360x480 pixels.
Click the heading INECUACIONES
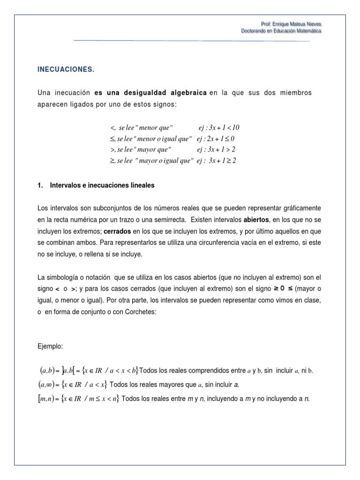(66, 70)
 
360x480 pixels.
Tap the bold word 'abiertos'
(255, 219)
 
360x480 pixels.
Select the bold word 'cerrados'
(117, 231)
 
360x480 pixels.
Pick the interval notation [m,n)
(49, 399)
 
